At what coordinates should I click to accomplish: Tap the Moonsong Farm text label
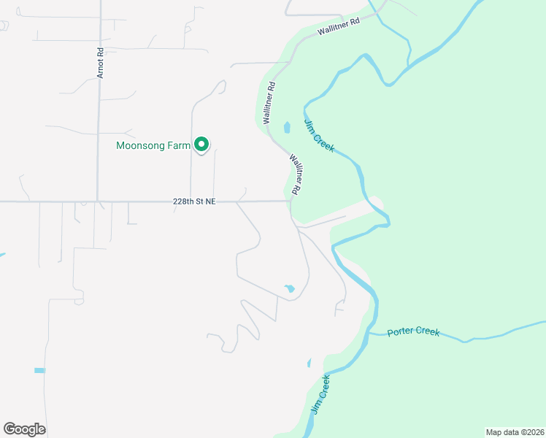pyautogui.click(x=153, y=146)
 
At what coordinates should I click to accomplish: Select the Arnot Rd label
pyautogui.click(x=101, y=63)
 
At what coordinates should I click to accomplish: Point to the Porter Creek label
pyautogui.click(x=414, y=331)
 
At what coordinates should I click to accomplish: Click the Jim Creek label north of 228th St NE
pyautogui.click(x=319, y=136)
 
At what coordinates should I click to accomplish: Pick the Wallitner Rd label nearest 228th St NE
pyautogui.click(x=296, y=173)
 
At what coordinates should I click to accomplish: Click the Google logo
pyautogui.click(x=25, y=429)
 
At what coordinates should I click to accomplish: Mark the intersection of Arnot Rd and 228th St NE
pyautogui.click(x=98, y=201)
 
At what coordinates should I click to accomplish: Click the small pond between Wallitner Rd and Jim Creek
pyautogui.click(x=287, y=128)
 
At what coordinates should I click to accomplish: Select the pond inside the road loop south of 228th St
pyautogui.click(x=290, y=288)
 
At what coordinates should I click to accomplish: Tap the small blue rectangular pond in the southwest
pyautogui.click(x=39, y=371)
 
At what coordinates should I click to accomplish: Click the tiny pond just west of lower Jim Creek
pyautogui.click(x=309, y=362)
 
